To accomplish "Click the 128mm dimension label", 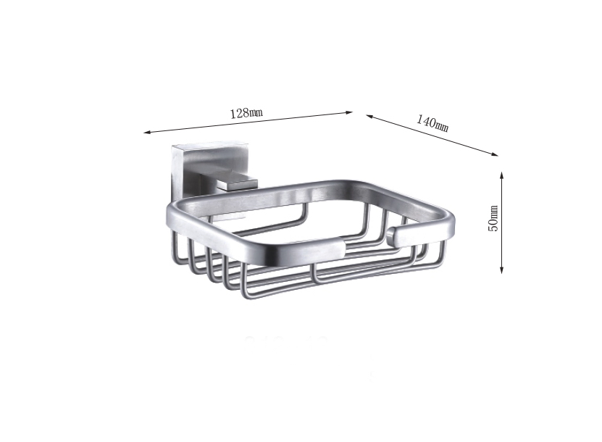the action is tap(246, 113).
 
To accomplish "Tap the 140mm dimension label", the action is tap(432, 123).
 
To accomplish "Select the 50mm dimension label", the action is tap(493, 219).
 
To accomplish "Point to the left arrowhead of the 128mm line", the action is tap(147, 133).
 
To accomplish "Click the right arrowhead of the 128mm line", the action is tap(349, 112).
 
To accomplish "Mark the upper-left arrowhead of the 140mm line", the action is tap(369, 117).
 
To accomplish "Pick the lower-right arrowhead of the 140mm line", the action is tap(495, 154).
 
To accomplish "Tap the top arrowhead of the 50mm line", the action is tap(501, 175).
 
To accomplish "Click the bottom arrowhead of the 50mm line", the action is tap(501, 270).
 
